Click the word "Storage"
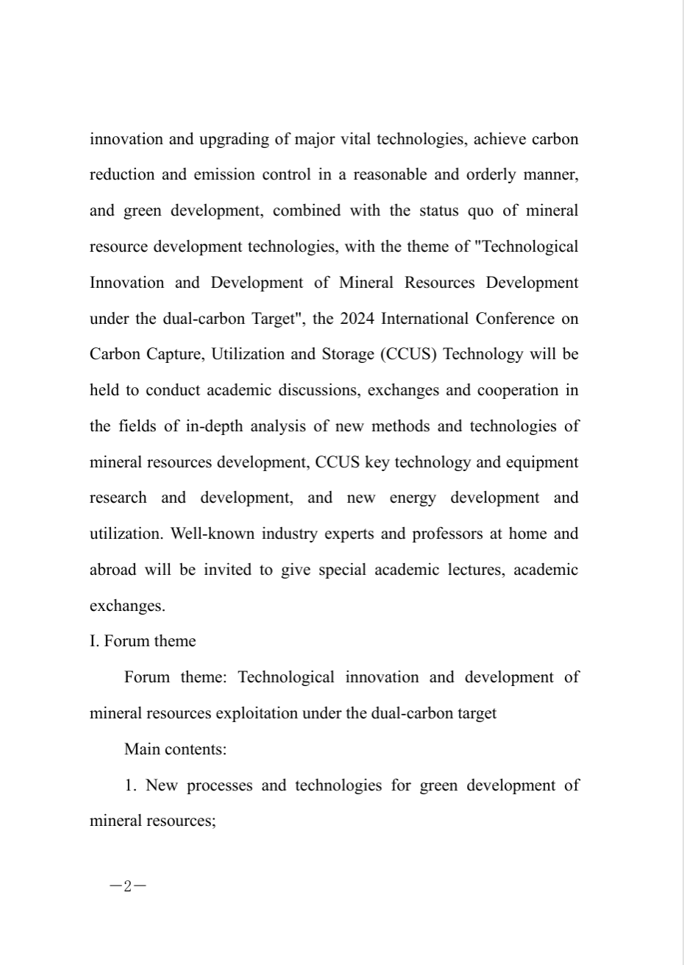[x=348, y=354]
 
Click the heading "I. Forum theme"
[x=143, y=641]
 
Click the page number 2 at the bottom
[x=127, y=886]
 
